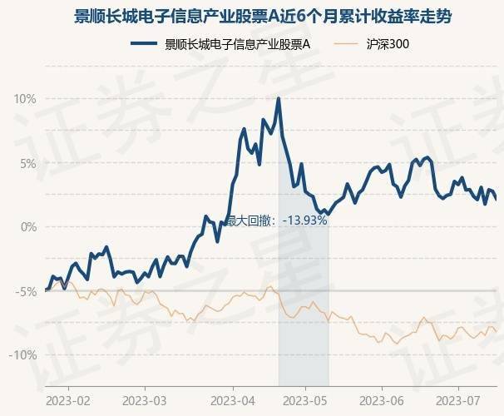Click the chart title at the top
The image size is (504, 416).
[x=252, y=16]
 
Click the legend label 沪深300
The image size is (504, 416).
[x=388, y=45]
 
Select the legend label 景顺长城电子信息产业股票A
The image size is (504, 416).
[x=237, y=45]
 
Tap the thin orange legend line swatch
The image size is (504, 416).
[x=347, y=45]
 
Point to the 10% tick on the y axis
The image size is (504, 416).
[x=25, y=99]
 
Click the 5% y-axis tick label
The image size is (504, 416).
[x=27, y=163]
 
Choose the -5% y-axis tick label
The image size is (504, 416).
[x=25, y=291]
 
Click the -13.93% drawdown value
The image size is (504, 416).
[x=305, y=221]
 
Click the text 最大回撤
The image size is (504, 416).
[x=250, y=221]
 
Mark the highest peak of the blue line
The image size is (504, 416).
[x=279, y=99]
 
